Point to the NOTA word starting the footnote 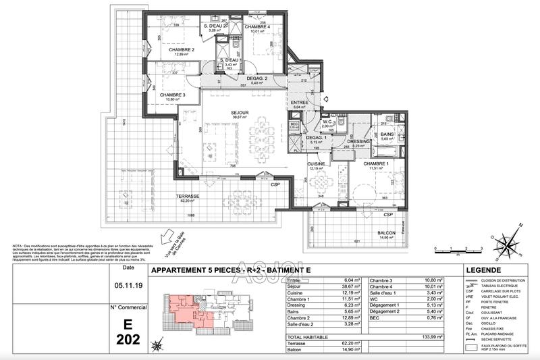[18, 245]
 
